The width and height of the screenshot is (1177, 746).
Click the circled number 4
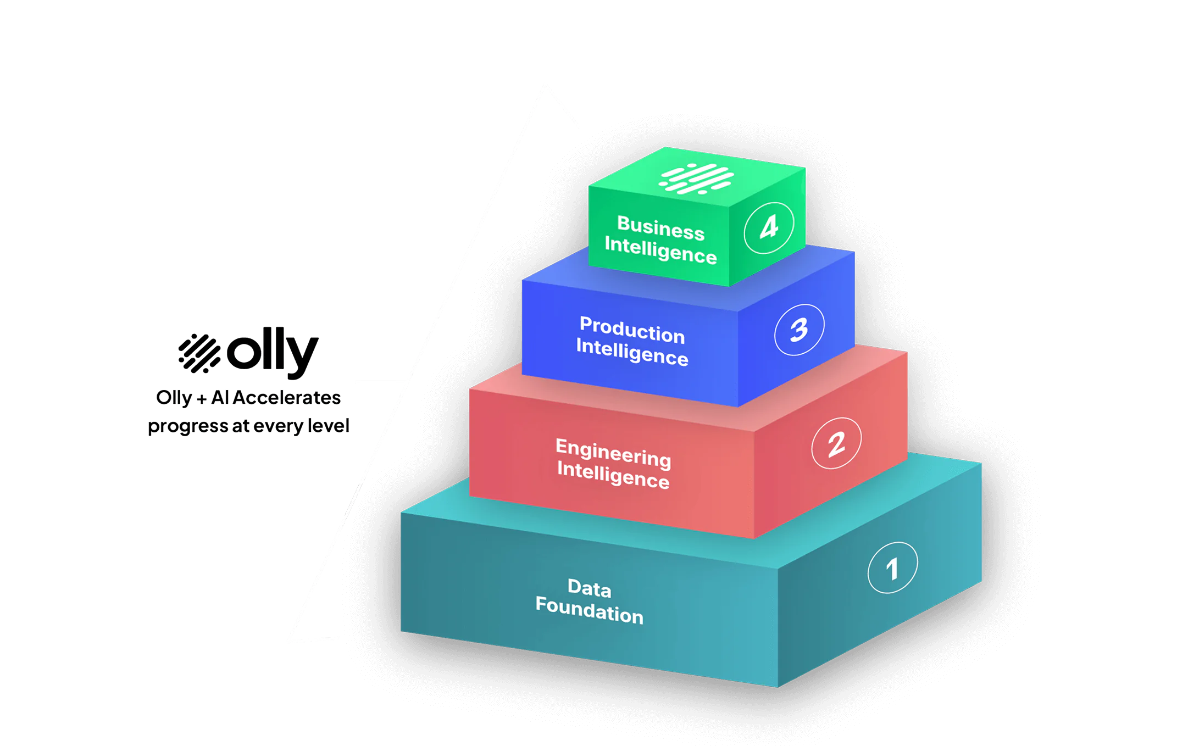tap(769, 227)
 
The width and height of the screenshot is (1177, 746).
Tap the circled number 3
tap(799, 330)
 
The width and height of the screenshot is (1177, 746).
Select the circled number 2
tap(836, 443)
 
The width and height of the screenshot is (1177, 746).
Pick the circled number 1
tap(892, 568)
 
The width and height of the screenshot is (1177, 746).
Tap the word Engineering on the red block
tap(613, 453)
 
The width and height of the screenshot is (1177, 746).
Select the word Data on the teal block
tap(589, 588)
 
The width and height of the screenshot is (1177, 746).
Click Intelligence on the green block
tap(660, 250)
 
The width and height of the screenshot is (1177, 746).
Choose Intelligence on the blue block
tap(632, 352)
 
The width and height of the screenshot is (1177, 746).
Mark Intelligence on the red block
tap(613, 475)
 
